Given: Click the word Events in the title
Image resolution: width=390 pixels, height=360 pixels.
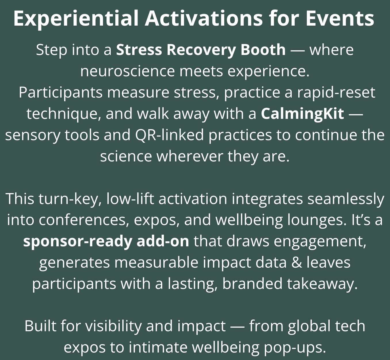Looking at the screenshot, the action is point(340,18).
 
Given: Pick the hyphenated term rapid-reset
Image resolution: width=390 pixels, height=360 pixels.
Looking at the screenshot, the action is point(336,92).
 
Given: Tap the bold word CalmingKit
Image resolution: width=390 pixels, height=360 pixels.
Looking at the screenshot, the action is point(302,114).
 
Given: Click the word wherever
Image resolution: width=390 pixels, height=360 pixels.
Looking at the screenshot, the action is point(190,156).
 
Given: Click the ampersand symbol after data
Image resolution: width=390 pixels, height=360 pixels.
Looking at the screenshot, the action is point(297,263).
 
